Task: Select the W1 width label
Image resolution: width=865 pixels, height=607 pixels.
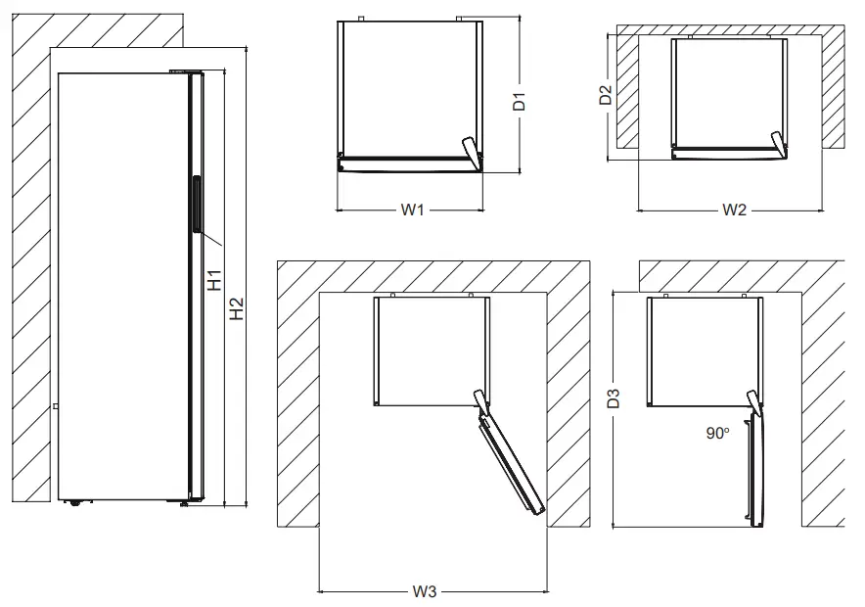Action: click(x=411, y=210)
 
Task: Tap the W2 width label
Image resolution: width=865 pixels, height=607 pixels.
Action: click(x=735, y=210)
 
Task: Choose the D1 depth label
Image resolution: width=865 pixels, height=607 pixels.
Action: click(x=521, y=100)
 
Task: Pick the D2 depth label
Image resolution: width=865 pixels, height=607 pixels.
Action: click(x=607, y=95)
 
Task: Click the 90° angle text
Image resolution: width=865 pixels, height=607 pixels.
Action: click(x=718, y=433)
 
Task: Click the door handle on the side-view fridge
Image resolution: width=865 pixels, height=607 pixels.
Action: click(x=197, y=205)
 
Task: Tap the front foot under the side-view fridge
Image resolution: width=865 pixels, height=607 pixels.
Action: click(x=183, y=504)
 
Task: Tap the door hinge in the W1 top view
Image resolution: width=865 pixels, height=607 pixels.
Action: click(x=472, y=152)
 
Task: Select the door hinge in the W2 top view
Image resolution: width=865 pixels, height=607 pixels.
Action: click(x=778, y=143)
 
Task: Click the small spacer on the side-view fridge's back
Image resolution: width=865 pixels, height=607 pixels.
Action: click(x=55, y=406)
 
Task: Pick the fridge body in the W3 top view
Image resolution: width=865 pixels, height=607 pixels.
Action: click(x=431, y=350)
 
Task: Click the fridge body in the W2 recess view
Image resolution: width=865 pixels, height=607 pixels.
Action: click(x=729, y=93)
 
